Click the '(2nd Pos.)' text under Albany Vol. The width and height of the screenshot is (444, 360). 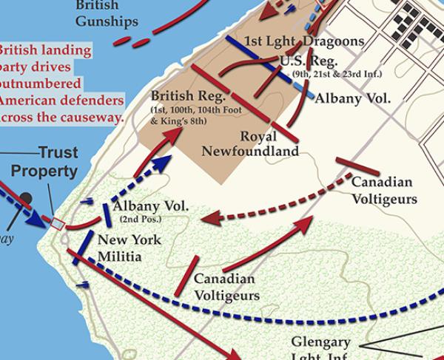[141, 220]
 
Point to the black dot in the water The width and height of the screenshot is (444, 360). [27, 198]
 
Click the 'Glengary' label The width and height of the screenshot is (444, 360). [320, 343]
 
